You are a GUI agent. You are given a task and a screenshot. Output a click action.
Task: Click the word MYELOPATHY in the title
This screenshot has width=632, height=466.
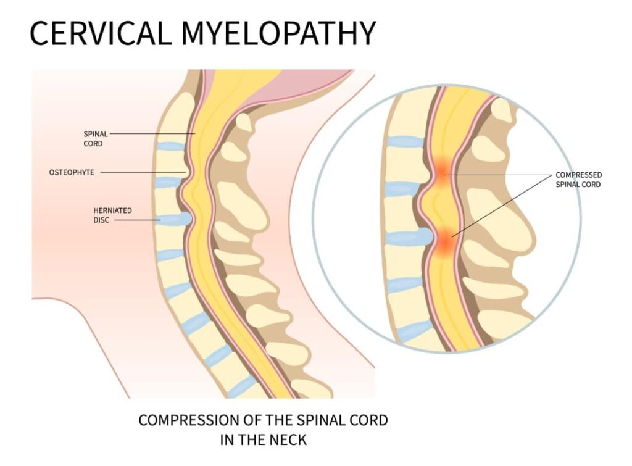pyautogui.click(x=279, y=33)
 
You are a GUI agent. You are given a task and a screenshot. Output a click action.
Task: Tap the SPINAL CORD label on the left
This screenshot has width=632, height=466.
pyautogui.click(x=96, y=139)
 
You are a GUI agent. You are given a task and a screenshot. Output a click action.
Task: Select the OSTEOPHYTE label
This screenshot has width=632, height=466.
pyautogui.click(x=72, y=173)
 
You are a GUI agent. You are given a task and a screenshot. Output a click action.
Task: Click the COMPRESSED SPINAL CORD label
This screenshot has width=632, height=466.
pyautogui.click(x=578, y=180)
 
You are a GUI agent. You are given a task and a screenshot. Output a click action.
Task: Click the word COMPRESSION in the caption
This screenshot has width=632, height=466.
pyautogui.click(x=188, y=420)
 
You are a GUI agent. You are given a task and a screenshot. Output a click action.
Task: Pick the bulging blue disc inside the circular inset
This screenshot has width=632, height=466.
pyautogui.click(x=410, y=238)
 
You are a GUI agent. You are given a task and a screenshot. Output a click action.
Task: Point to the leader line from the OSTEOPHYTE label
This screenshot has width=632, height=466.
pyautogui.click(x=143, y=172)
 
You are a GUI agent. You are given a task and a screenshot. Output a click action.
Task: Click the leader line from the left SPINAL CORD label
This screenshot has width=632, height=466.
pyautogui.click(x=152, y=133)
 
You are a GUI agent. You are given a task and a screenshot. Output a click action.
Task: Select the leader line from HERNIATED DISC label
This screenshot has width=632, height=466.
pyautogui.click(x=138, y=220)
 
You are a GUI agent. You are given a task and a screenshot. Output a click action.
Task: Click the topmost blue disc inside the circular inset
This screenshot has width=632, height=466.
pyautogui.click(x=405, y=141)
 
